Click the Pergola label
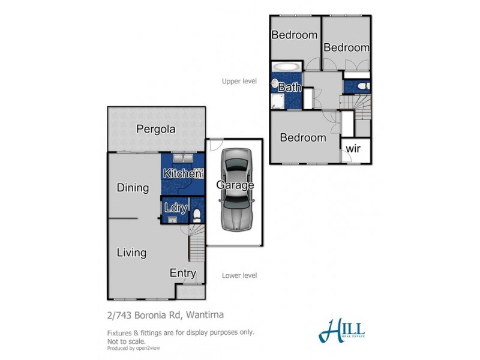point(155,128)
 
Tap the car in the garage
point(235,189)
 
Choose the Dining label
point(133,188)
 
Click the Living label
point(131,253)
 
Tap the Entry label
point(182,274)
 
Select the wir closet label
point(355,149)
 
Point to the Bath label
point(289,88)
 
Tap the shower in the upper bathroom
point(277,101)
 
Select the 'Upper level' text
point(239,81)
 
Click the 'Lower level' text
point(239,275)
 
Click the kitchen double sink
point(182,159)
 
